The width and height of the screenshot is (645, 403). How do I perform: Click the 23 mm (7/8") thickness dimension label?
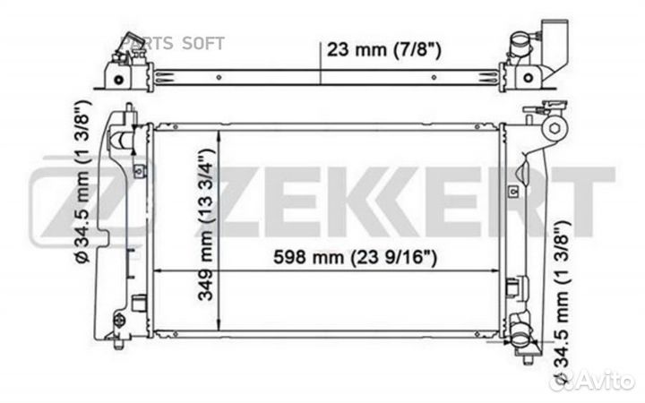[383, 50]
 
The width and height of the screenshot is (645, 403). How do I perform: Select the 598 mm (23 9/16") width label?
[356, 258]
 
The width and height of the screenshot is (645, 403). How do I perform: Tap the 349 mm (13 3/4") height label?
[206, 225]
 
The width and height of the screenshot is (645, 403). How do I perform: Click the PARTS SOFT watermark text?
[174, 43]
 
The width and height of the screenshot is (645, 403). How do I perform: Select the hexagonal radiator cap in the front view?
[555, 128]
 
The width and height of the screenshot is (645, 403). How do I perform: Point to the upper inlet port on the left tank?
[121, 140]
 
